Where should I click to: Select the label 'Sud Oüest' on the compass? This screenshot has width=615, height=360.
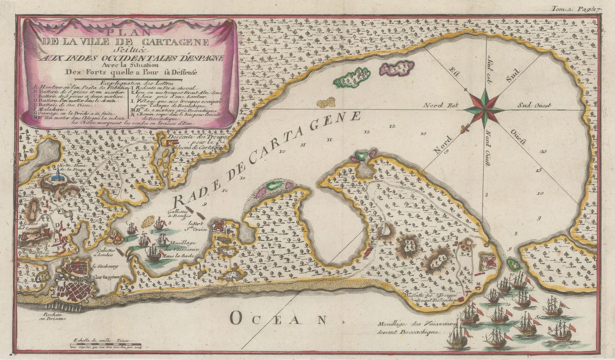pos(534,105)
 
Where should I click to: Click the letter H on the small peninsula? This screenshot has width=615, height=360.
pos(113,232)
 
